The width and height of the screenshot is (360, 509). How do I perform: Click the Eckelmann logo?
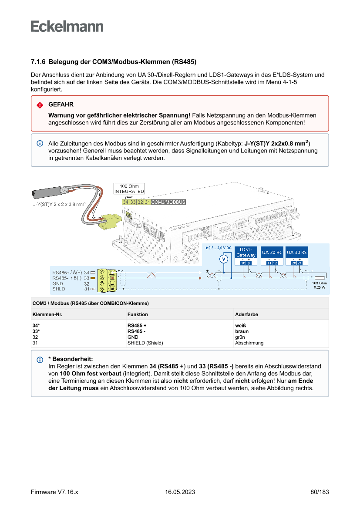pos(67,26)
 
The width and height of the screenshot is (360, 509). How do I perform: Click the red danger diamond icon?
pos(40,105)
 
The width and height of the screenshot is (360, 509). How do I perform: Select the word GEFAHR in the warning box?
pos(61,105)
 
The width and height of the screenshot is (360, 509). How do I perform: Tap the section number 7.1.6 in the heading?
pos(38,62)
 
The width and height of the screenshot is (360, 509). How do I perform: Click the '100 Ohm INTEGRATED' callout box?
pos(129,189)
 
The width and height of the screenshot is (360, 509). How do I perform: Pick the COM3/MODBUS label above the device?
pos(168,202)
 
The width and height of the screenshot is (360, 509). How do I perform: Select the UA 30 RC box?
pos(272,252)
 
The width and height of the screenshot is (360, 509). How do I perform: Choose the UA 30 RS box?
pos(297,252)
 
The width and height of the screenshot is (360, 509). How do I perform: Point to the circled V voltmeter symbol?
pos(223,259)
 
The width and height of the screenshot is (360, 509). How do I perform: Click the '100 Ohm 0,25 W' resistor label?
pos(320,285)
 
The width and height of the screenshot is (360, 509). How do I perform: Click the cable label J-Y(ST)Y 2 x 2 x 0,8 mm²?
pos(59,204)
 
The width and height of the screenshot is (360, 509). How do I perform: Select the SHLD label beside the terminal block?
pos(59,289)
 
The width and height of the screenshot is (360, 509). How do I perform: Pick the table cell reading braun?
pos(242,331)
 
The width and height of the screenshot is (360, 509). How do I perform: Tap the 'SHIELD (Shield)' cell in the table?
pos(145,343)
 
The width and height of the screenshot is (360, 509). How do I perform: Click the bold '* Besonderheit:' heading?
pos(70,359)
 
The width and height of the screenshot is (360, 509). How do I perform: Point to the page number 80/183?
pos(320,492)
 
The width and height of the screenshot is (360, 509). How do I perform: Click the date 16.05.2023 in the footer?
pos(180,492)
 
